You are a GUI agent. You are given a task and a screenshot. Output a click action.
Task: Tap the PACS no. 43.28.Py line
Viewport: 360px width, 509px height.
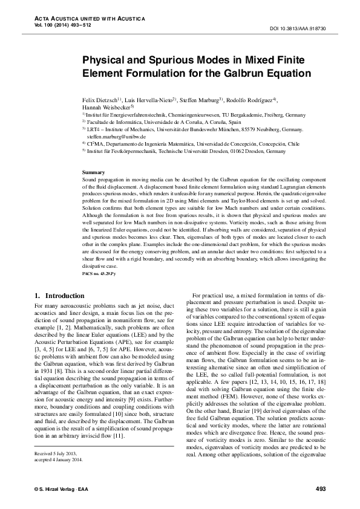[x=97, y=274]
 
